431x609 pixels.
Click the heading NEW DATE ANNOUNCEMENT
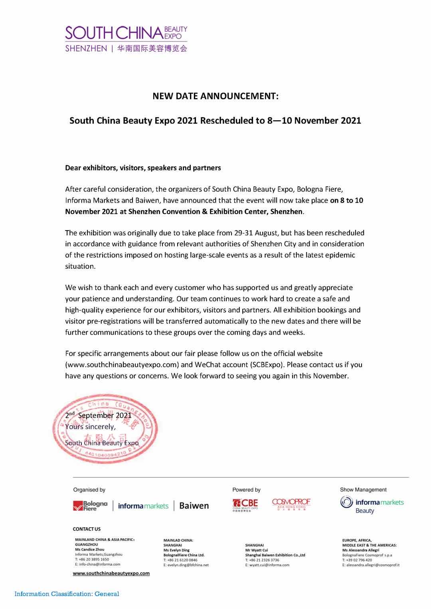[215, 96]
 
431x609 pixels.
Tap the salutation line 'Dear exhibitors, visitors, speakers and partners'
[143, 168]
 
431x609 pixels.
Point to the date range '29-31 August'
[255, 233]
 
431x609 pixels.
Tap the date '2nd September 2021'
[98, 415]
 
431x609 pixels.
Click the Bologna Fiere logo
[90, 506]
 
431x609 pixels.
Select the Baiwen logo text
[194, 506]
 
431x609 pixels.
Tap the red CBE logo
[245, 505]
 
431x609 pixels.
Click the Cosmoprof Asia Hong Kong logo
[291, 504]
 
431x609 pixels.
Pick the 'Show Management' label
[363, 489]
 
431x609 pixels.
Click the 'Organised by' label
[89, 490]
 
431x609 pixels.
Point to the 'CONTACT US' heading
[87, 529]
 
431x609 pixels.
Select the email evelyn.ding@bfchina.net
[186, 565]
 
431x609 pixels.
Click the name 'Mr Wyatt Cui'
[257, 550]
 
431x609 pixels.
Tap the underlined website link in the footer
[111, 573]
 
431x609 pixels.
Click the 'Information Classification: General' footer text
[67, 594]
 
